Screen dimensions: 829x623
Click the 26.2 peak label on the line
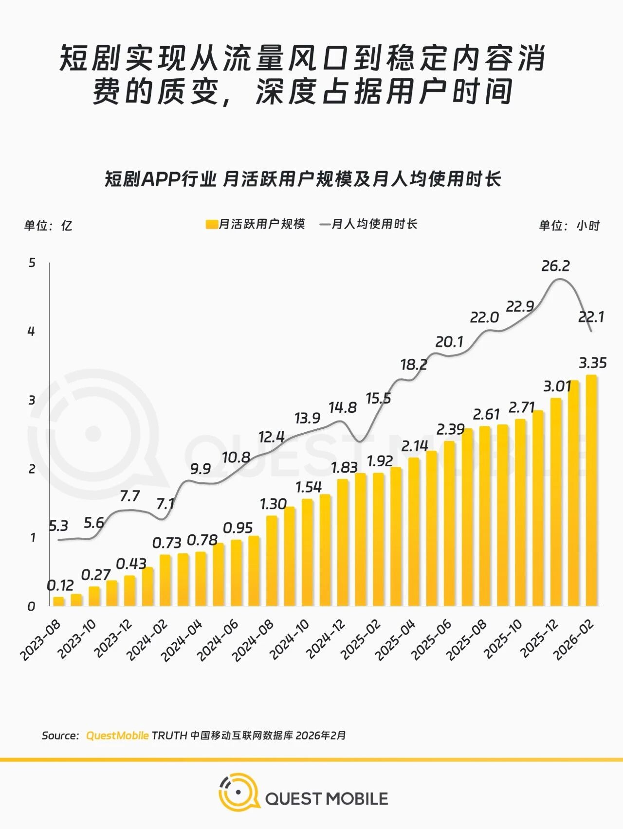coord(555,266)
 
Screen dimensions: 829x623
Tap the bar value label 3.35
coord(592,363)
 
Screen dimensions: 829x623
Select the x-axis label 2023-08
coord(40,640)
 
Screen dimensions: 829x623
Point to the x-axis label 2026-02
coord(574,640)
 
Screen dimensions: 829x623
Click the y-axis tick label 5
coord(32,263)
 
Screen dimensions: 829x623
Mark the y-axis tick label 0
coord(32,606)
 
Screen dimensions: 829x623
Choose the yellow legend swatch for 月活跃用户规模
coord(211,224)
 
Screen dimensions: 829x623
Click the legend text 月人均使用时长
coord(374,224)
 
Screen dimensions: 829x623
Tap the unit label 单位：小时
coord(569,226)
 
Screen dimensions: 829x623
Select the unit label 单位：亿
coord(48,226)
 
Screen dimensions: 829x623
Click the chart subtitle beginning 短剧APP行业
coord(303,179)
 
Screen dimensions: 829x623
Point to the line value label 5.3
coord(58,526)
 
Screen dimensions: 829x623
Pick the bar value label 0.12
coord(60,585)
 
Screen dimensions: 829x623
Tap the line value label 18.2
coord(414,364)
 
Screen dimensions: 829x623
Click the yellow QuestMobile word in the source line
coord(117,735)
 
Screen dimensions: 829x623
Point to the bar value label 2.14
coord(415,446)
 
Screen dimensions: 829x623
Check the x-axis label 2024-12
coord(326,640)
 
